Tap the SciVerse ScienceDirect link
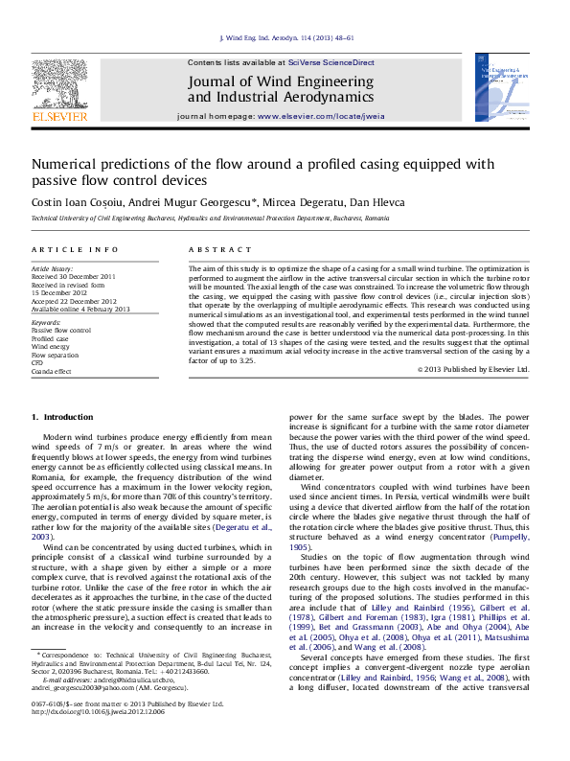(335, 62)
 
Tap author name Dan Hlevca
(356, 202)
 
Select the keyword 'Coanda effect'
(52, 371)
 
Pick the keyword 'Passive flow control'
(61, 331)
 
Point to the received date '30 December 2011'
(87, 277)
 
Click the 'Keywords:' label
(47, 323)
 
